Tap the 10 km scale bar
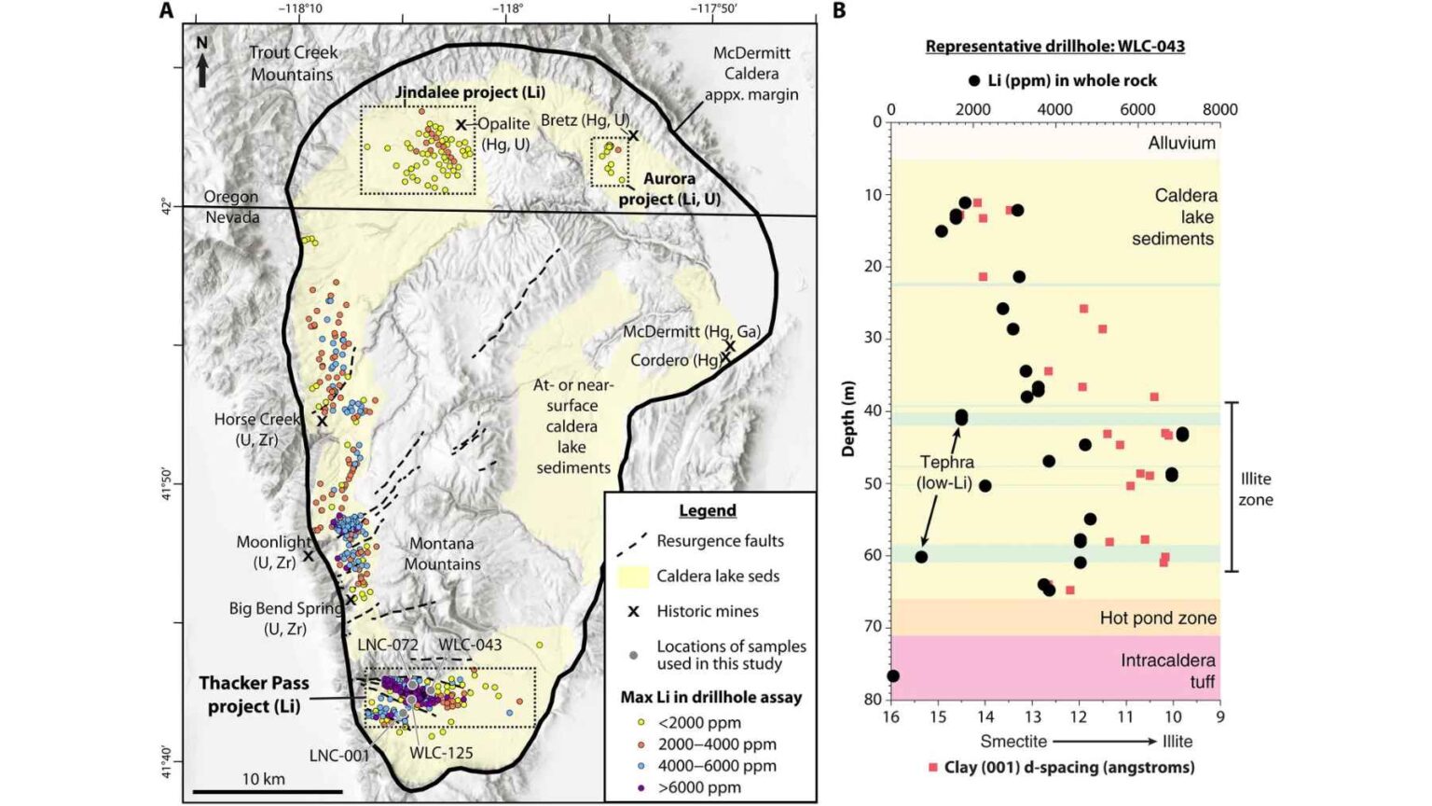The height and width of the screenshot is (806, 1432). pyautogui.click(x=264, y=792)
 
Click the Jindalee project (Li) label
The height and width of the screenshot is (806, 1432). pyautogui.click(x=470, y=92)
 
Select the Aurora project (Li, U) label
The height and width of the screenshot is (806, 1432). pyautogui.click(x=669, y=188)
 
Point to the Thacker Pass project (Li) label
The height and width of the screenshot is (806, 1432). pyautogui.click(x=254, y=695)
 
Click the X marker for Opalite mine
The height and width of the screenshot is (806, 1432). pyautogui.click(x=461, y=125)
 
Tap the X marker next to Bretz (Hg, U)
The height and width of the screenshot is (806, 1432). pyautogui.click(x=633, y=135)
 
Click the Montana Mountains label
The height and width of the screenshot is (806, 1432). pyautogui.click(x=442, y=554)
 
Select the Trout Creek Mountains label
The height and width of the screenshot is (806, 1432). pyautogui.click(x=293, y=63)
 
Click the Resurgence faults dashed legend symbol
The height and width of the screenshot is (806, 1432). pyautogui.click(x=634, y=541)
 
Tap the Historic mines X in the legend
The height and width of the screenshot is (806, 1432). pyautogui.click(x=634, y=612)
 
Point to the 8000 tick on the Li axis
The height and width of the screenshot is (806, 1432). pyautogui.click(x=1219, y=110)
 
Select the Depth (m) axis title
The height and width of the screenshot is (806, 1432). pyautogui.click(x=847, y=418)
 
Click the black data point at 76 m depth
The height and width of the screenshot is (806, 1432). pyautogui.click(x=893, y=676)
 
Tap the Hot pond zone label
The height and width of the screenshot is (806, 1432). pyautogui.click(x=1157, y=618)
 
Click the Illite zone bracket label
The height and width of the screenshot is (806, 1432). pyautogui.click(x=1255, y=489)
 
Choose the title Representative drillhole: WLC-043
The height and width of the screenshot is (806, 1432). pyautogui.click(x=1054, y=47)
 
